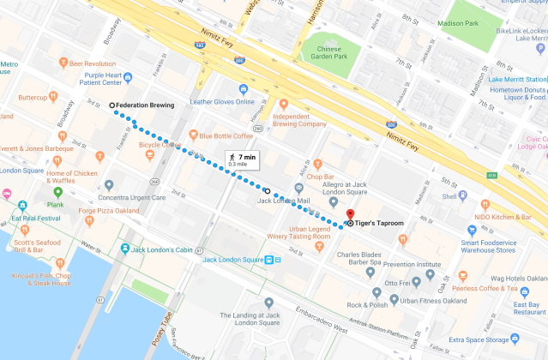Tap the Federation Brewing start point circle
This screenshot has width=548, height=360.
tap(112, 105)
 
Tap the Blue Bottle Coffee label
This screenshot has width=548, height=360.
tap(226, 135)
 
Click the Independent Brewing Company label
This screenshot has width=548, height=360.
tap(299, 119)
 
